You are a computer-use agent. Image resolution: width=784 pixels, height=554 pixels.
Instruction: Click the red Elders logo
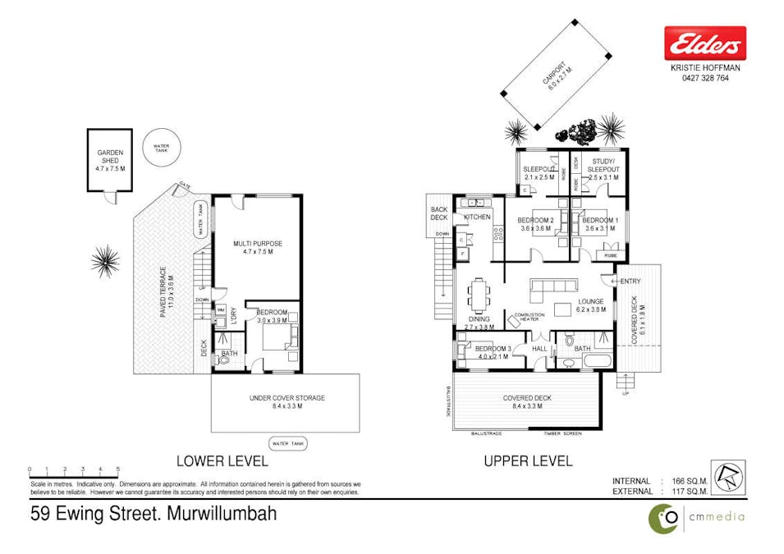[704, 42]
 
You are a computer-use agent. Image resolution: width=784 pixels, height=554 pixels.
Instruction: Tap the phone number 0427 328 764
[704, 79]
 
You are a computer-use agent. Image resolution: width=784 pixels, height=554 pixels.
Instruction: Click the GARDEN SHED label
[110, 160]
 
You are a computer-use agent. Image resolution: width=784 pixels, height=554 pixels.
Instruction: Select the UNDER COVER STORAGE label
[287, 401]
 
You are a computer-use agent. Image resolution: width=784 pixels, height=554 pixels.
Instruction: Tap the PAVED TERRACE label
[167, 291]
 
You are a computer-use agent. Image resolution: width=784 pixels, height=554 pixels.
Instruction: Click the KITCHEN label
[477, 217]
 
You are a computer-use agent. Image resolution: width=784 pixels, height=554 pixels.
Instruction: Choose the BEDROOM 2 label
[537, 224]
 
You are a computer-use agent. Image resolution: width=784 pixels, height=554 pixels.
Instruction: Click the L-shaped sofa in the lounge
[555, 286]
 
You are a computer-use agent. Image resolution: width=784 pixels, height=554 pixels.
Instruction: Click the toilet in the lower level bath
[225, 359]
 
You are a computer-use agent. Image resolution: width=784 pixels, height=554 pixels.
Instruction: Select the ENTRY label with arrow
[628, 282]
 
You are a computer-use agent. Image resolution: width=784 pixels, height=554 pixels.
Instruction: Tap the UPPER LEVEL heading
[528, 461]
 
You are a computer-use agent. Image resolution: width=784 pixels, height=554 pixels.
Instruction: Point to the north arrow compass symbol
[735, 479]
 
